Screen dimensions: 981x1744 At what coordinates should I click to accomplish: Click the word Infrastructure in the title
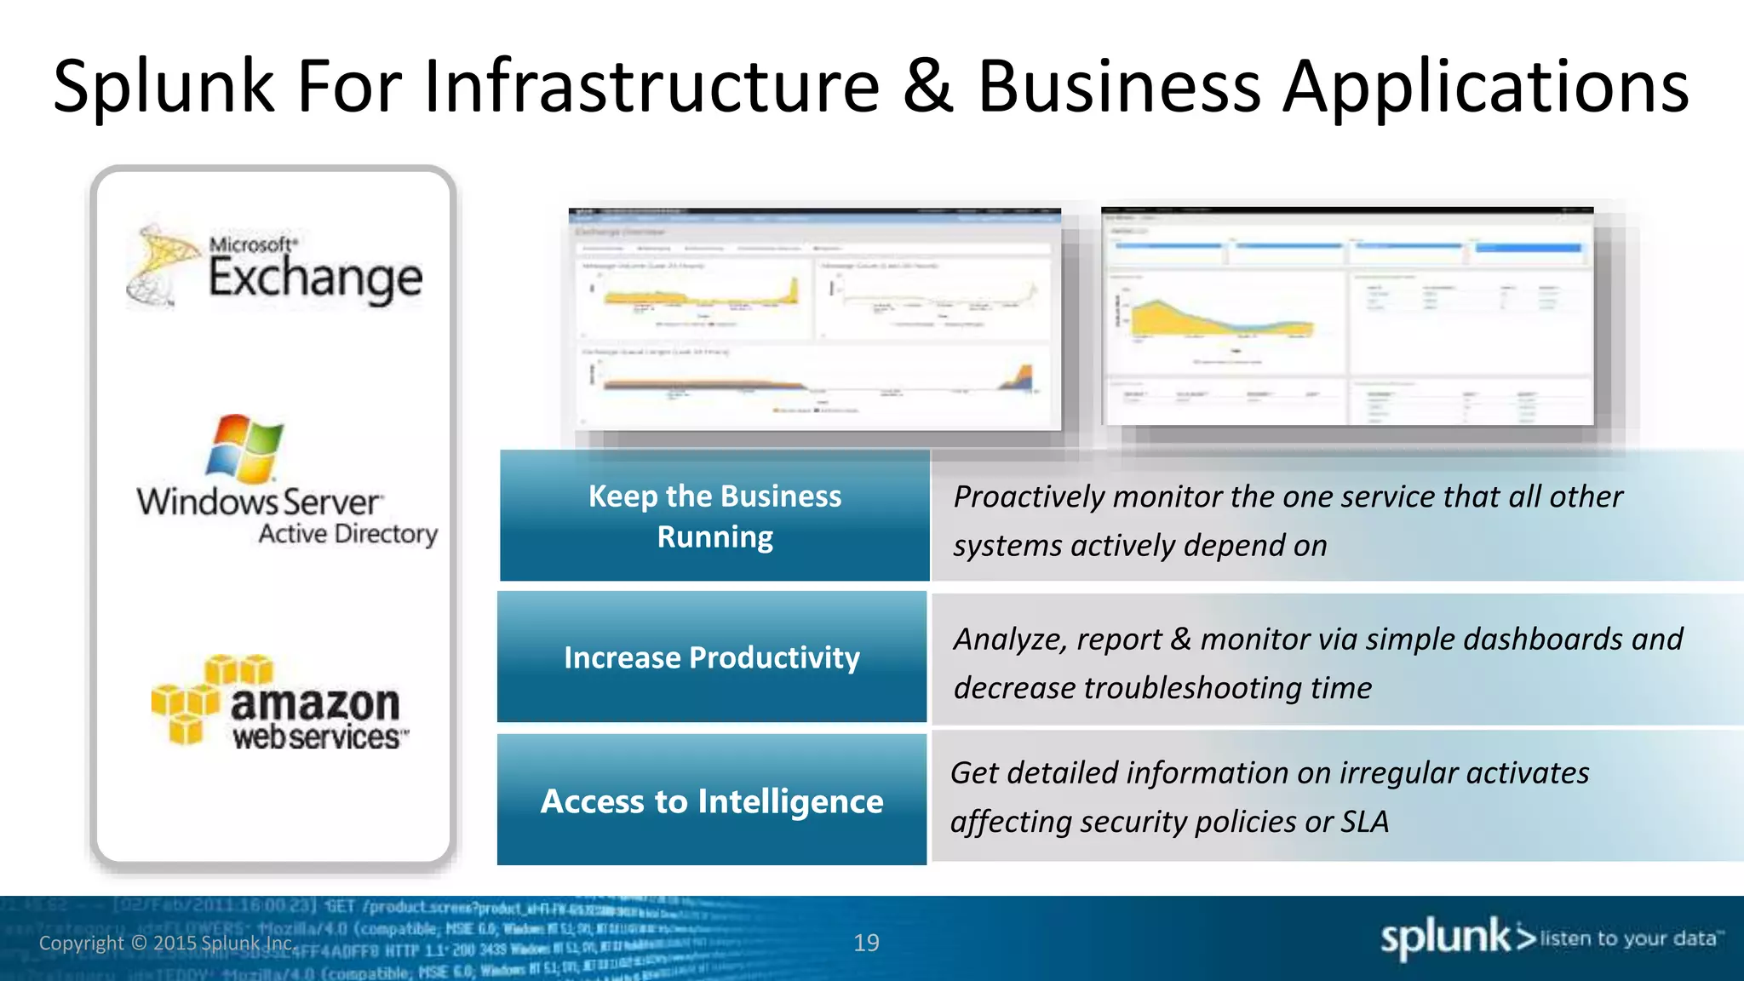[651, 87]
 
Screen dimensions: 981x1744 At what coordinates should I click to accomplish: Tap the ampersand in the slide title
[927, 87]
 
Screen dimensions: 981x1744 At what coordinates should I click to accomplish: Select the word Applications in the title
[1486, 89]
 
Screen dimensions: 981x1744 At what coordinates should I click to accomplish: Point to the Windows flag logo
[244, 449]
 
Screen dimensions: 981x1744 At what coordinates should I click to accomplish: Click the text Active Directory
[347, 534]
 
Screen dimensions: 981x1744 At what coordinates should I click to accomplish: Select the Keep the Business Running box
[714, 516]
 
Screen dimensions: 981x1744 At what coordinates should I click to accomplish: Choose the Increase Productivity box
[712, 657]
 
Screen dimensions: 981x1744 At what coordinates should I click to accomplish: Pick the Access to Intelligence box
[712, 800]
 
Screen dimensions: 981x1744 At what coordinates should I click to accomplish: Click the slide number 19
[866, 943]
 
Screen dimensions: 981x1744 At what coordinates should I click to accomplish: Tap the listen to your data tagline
[1630, 938]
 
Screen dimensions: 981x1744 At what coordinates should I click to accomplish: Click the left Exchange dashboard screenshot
[815, 319]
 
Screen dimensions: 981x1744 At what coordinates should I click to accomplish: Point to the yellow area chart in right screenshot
[1209, 319]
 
